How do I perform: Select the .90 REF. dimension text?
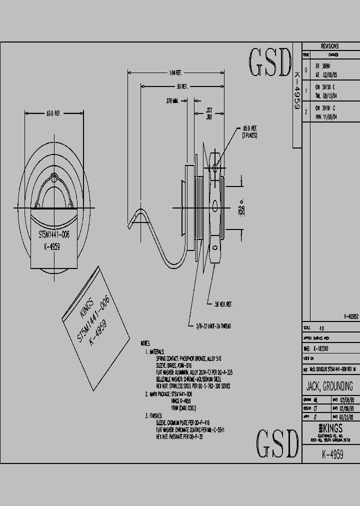click(x=181, y=86)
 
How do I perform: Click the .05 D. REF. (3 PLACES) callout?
click(x=250, y=131)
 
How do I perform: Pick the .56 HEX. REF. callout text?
click(x=223, y=304)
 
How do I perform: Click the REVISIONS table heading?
click(x=330, y=46)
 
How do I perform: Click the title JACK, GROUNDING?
click(x=329, y=386)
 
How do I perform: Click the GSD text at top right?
click(x=270, y=62)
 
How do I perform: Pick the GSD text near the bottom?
click(x=277, y=443)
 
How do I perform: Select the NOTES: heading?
click(x=145, y=344)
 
